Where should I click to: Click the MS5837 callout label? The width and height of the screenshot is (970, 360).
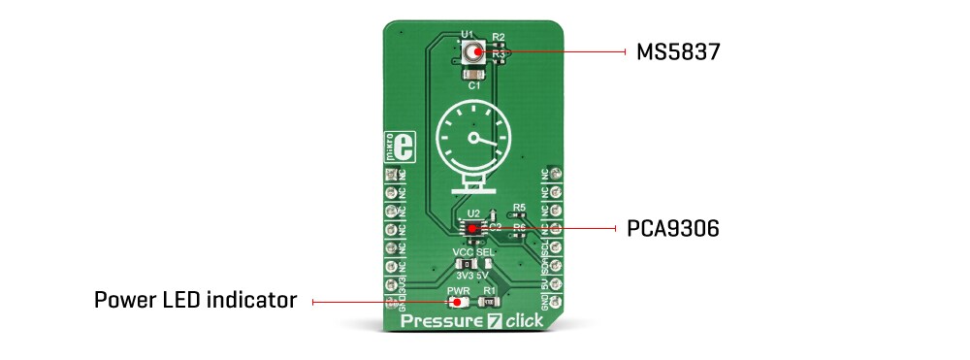[677, 51]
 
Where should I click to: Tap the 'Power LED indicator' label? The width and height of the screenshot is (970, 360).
[195, 301]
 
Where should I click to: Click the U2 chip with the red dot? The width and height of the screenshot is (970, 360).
[473, 228]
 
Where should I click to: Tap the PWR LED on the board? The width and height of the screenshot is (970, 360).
[452, 302]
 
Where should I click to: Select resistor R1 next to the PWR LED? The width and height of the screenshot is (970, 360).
[490, 302]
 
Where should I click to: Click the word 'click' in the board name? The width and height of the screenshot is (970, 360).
[525, 320]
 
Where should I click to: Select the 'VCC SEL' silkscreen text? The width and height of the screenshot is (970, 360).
[473, 252]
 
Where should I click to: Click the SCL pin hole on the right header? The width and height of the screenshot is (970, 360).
[556, 245]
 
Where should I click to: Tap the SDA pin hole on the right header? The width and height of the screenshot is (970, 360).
[556, 264]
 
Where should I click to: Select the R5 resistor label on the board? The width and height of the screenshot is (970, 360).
[520, 208]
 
